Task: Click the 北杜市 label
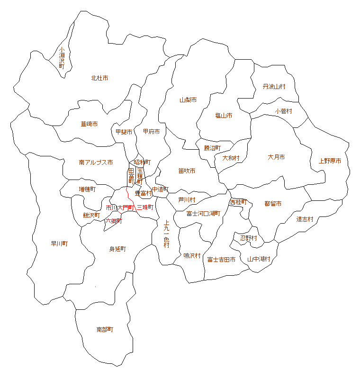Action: click(x=99, y=78)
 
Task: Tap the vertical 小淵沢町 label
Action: click(x=62, y=58)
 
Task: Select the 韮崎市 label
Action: click(x=89, y=124)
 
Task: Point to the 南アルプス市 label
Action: click(x=96, y=162)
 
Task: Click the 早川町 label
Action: click(x=59, y=244)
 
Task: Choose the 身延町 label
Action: click(x=117, y=249)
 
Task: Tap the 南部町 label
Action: click(x=105, y=329)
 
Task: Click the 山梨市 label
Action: click(x=188, y=100)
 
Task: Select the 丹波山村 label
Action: click(x=274, y=87)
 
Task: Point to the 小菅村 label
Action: click(x=283, y=111)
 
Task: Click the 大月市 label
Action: click(x=276, y=157)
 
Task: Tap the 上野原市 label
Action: click(x=330, y=161)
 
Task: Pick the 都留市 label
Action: click(x=273, y=204)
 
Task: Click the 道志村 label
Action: click(x=305, y=219)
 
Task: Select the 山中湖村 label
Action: click(x=259, y=259)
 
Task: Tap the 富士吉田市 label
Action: click(x=221, y=260)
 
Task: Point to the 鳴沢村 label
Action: click(x=192, y=256)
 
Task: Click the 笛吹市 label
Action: click(x=187, y=171)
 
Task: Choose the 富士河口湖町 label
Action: click(x=203, y=214)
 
